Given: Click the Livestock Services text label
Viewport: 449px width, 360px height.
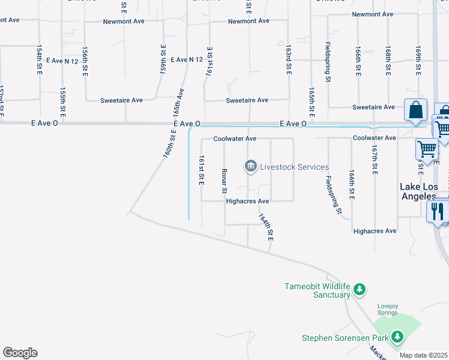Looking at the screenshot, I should tap(294, 167).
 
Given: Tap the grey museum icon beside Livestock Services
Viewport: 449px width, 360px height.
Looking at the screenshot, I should tap(250, 166).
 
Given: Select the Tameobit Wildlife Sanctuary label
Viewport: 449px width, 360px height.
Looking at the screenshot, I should tap(317, 290).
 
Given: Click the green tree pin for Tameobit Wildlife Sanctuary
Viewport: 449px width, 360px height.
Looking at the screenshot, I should tap(360, 290).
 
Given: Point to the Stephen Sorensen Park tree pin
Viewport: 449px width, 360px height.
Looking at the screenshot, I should tap(397, 337).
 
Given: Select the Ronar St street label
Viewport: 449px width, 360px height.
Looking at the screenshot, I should tap(224, 181).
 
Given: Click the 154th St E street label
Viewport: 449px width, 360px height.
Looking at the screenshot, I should tap(39, 59).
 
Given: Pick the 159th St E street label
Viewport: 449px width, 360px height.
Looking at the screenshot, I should tap(163, 59).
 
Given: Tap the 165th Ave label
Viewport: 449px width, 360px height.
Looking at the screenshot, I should tap(178, 103).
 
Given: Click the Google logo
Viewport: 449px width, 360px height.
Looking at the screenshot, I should tap(20, 353).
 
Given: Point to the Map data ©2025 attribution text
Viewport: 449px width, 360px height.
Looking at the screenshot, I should tap(424, 355).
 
